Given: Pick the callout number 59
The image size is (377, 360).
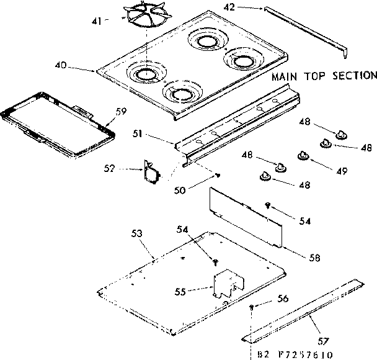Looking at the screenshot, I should tap(121, 112).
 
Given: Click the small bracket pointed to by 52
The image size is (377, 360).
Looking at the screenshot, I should tap(150, 173).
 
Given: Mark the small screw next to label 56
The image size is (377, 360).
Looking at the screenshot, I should tap(251, 307).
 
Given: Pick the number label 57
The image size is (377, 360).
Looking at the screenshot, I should tap(323, 341).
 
